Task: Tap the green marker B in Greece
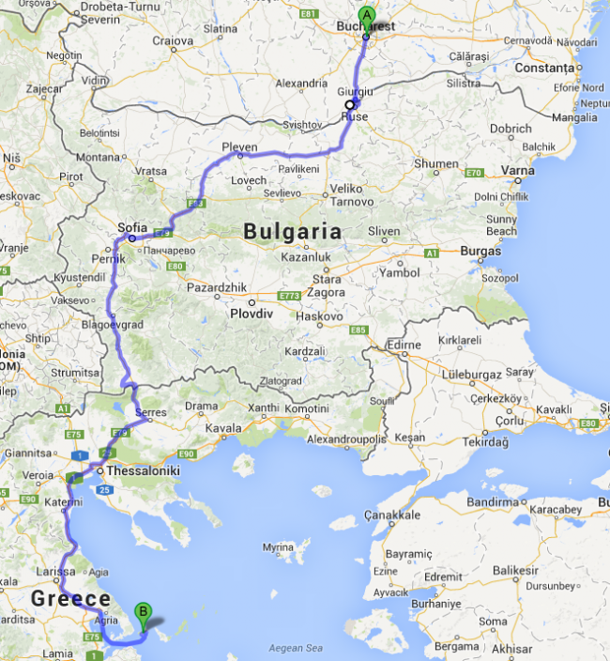(143, 611)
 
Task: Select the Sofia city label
(133, 226)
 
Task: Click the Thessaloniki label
(144, 470)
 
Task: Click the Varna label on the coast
(518, 171)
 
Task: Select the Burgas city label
(481, 251)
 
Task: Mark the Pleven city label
(239, 146)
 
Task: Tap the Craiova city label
(173, 40)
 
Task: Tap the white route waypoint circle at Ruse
(349, 105)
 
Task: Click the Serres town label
(151, 412)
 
